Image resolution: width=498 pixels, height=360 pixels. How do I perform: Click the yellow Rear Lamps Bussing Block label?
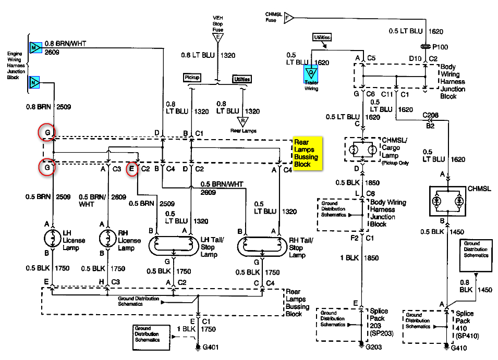308,153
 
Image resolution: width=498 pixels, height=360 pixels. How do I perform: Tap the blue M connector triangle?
35,47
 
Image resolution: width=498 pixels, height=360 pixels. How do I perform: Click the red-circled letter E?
132,168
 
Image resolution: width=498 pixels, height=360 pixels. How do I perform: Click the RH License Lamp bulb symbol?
107,239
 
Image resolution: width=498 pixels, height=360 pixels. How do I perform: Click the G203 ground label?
374,346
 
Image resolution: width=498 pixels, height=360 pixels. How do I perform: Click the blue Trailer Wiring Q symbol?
311,73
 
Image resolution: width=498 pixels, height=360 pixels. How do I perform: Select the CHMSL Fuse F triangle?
287,18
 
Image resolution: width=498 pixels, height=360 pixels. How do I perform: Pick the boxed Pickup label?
192,78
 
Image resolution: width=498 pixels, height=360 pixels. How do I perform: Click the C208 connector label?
430,114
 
